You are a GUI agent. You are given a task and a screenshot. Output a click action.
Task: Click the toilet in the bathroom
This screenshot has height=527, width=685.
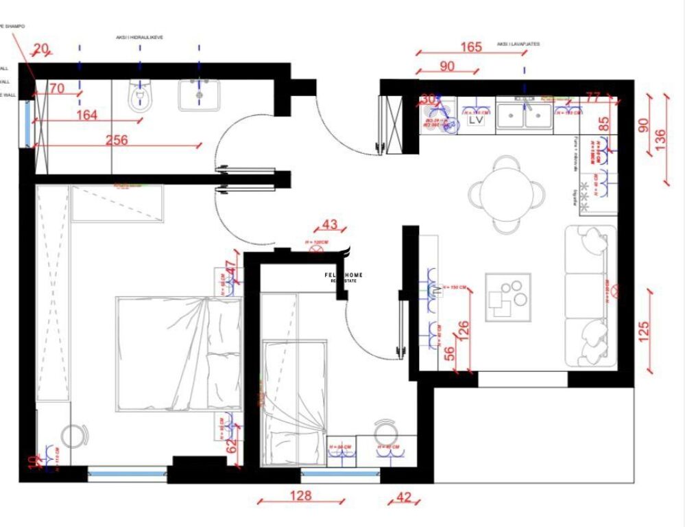139,97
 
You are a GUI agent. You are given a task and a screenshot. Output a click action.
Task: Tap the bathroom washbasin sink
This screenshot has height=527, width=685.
200,95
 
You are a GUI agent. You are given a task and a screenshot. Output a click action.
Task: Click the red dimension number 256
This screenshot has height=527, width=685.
117,139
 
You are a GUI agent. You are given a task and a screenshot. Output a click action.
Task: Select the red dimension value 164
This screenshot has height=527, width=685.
86,115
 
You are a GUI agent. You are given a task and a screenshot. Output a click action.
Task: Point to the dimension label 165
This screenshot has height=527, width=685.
470,47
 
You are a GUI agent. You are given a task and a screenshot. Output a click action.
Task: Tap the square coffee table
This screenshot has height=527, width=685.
508,297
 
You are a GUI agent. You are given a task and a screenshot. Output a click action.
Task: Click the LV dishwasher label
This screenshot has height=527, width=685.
476,120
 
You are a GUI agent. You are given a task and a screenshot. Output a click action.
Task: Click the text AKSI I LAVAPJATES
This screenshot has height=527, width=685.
518,44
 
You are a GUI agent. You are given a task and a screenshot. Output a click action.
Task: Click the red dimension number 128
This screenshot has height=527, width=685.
300,495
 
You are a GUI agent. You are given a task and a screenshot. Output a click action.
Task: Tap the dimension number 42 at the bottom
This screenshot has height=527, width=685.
405,497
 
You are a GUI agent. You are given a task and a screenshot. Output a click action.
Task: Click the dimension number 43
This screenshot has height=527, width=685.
330,224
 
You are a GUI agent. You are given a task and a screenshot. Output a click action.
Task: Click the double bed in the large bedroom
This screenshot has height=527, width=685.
178,353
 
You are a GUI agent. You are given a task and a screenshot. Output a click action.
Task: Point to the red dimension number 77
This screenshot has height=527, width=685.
593,96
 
